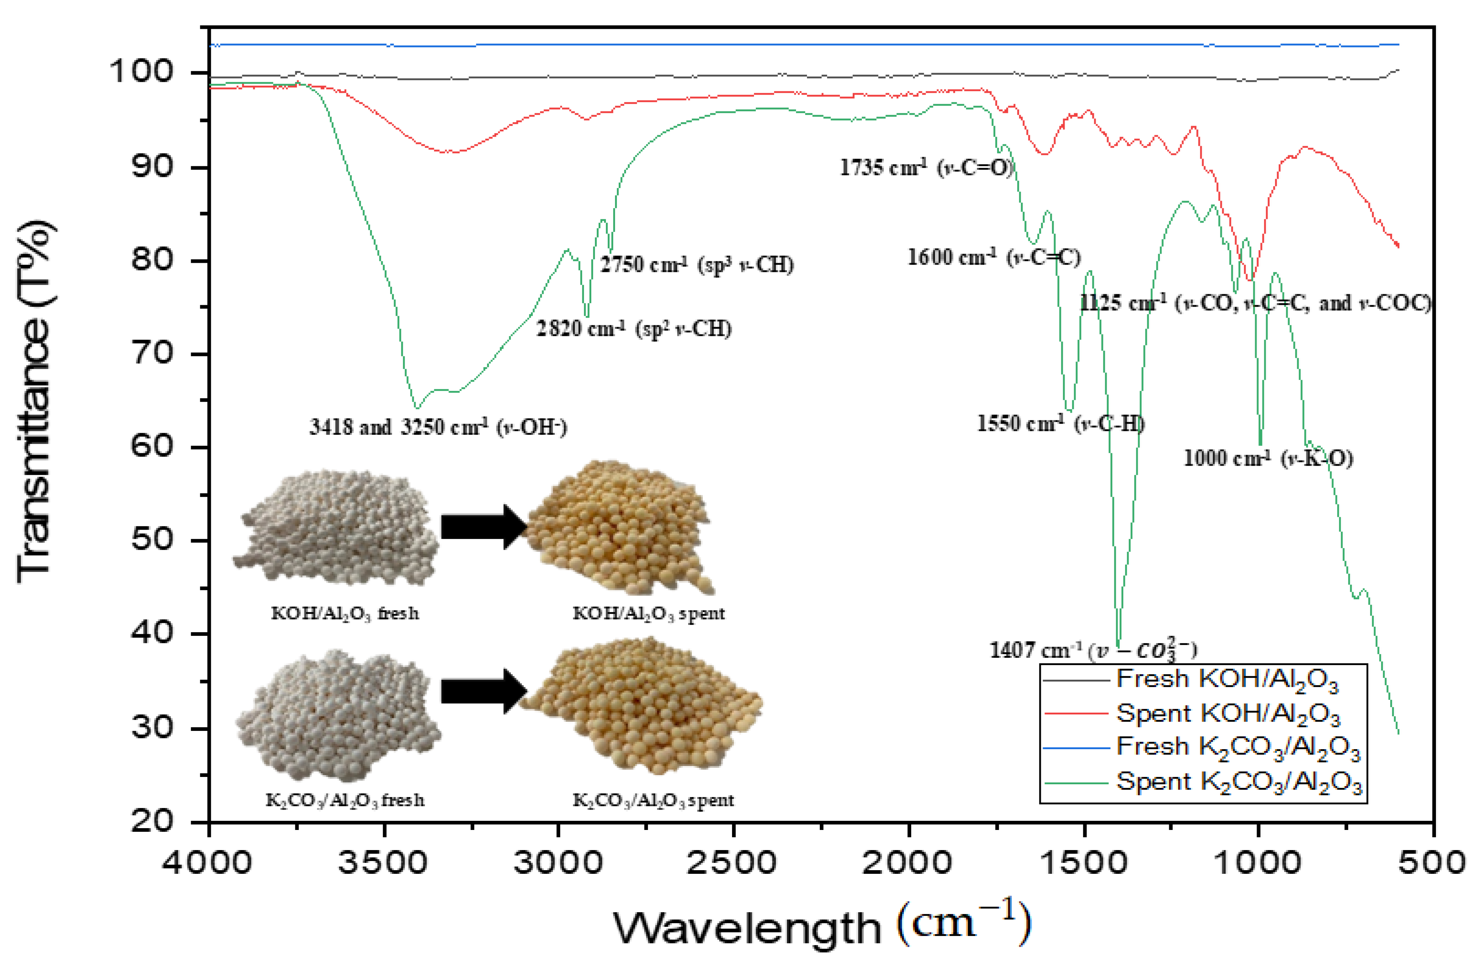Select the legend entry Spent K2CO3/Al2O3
[1239, 782]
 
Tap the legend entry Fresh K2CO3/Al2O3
[1238, 747]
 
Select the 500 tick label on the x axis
[1432, 862]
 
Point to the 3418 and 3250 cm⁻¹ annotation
[438, 427]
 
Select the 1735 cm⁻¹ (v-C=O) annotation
[925, 167]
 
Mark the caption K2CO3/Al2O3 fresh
[345, 800]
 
